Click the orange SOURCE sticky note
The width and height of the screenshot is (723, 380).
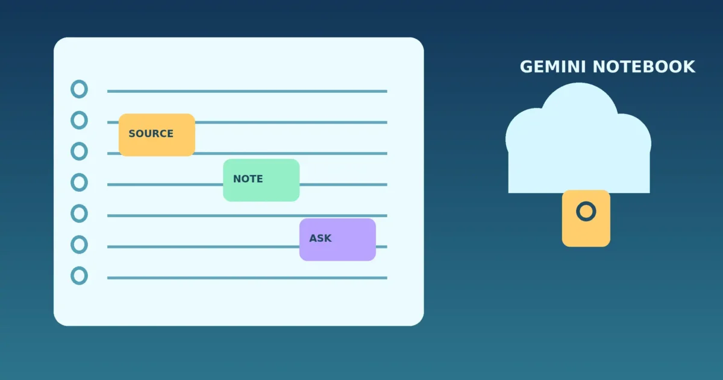tap(157, 135)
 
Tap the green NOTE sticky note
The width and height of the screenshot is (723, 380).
tap(261, 180)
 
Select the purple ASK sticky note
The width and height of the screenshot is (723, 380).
tap(337, 239)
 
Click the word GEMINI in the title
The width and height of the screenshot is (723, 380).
tap(552, 67)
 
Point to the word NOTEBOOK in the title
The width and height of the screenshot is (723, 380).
tap(644, 67)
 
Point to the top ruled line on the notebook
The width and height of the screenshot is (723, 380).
tap(247, 91)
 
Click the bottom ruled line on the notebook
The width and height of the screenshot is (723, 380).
tap(247, 277)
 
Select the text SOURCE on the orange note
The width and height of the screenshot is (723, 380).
tap(151, 133)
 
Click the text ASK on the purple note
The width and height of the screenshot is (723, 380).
tap(320, 238)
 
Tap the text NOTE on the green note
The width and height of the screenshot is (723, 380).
tap(248, 179)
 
